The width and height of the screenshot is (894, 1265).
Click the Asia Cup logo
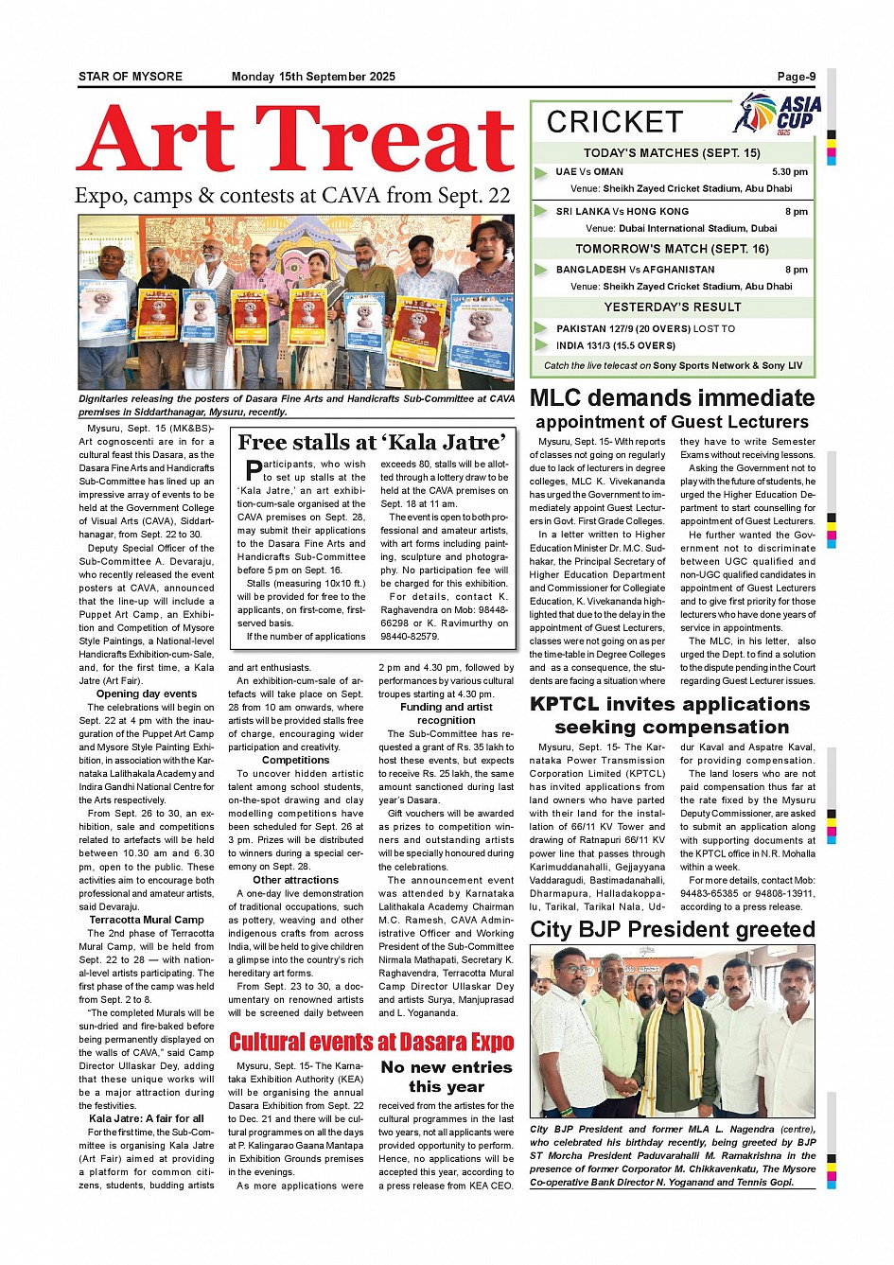(777, 114)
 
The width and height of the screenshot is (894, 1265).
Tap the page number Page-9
(796, 77)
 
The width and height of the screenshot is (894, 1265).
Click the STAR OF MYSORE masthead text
(131, 77)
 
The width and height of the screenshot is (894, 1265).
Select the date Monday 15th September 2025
(313, 77)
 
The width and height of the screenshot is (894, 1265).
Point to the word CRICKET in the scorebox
(615, 122)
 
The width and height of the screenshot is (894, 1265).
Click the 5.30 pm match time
(789, 172)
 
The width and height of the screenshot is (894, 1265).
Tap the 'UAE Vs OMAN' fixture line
(589, 172)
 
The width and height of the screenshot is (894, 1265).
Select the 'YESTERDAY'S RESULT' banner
(673, 307)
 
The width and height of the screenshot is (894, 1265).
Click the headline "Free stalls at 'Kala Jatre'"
(372, 442)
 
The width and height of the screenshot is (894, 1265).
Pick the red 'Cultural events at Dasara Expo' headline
(372, 1043)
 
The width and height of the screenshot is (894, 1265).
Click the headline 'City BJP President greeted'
(673, 929)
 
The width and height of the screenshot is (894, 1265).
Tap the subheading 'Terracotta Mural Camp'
(147, 920)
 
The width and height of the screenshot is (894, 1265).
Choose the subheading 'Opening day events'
(147, 694)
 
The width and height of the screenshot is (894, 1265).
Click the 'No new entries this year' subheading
(447, 1077)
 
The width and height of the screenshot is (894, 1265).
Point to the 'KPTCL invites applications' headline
(670, 704)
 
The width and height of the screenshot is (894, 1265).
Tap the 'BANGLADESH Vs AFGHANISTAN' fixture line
(636, 270)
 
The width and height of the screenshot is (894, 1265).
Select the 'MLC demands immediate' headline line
(672, 398)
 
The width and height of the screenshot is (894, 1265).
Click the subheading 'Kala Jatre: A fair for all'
(147, 1118)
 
